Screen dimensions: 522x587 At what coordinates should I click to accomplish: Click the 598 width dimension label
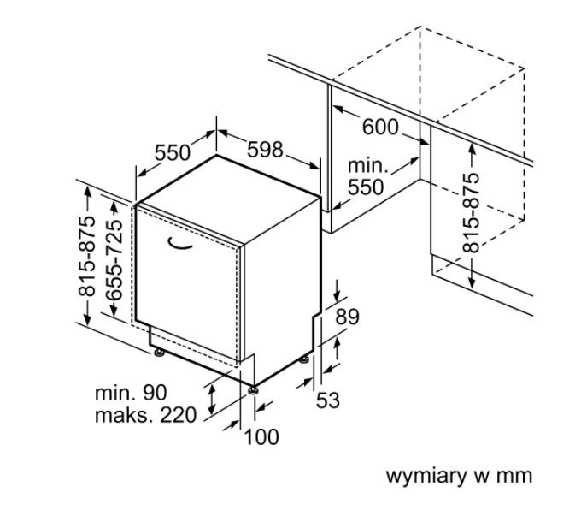coord(265,150)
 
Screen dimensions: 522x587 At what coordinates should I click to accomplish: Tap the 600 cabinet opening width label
coord(380,127)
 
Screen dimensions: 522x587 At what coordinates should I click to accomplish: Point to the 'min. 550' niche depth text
coord(366,176)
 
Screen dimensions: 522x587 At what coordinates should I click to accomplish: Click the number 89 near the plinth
coord(346,317)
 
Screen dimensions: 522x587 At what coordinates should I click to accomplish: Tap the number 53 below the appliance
coord(328,400)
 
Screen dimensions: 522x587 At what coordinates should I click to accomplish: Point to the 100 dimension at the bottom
coord(261,437)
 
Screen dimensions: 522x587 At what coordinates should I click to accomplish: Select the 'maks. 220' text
coord(145,415)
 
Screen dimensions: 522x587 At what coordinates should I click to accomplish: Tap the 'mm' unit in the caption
coord(517,476)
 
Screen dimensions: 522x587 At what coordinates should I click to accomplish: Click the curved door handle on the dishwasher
coord(181,246)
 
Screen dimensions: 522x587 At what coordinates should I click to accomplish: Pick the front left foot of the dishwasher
coord(158,349)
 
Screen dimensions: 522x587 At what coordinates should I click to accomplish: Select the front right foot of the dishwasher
coord(253,389)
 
